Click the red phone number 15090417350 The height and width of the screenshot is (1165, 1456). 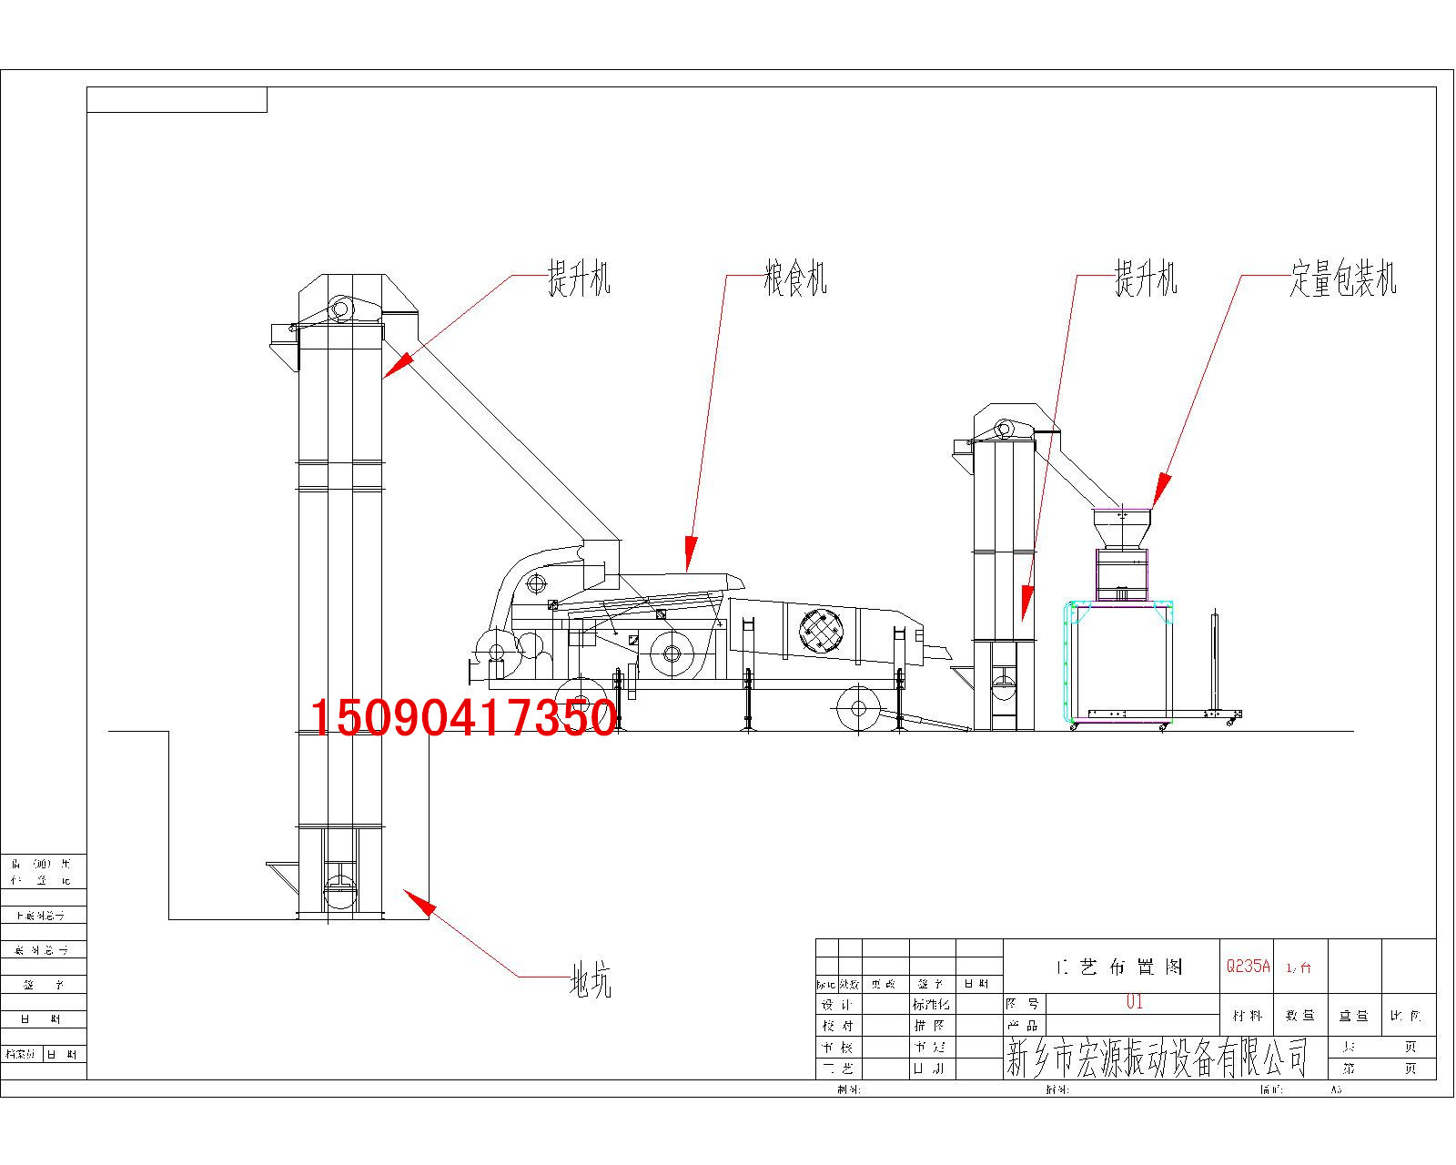462,717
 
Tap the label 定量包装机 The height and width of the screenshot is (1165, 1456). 1342,279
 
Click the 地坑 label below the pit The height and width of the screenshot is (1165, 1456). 591,981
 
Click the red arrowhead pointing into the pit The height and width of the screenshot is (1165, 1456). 419,903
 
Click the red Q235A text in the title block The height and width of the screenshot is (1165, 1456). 1247,966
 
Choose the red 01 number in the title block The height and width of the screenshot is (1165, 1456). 1134,1001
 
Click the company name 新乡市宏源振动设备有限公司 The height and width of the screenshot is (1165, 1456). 1156,1059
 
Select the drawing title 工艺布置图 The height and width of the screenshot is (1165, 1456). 1119,967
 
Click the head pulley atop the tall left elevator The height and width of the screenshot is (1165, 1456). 341,309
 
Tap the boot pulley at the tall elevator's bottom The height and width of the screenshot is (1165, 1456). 340,889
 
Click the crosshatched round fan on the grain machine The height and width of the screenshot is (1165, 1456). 820,630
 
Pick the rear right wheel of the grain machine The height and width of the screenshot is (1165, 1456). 857,707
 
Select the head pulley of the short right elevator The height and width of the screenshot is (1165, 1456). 1005,429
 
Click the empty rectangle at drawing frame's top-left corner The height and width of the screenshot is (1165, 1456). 177,99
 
